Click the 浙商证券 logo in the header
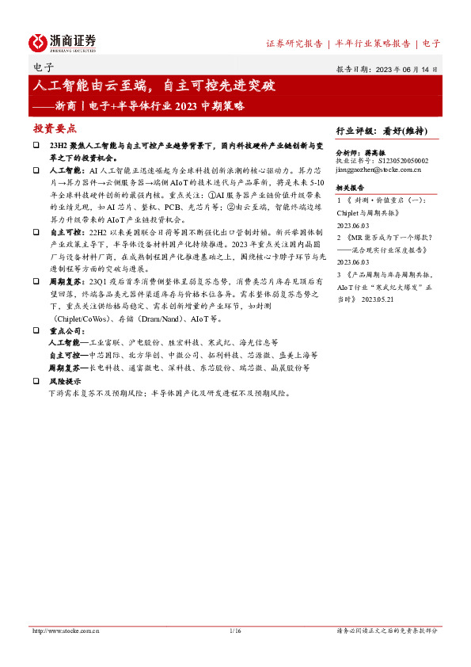click(63, 42)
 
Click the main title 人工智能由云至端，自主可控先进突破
click(162, 85)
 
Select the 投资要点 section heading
click(55, 128)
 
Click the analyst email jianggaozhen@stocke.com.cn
click(378, 169)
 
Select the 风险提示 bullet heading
click(65, 380)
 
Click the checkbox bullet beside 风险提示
click(36, 380)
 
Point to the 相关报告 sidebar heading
click(350, 188)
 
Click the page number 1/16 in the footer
click(234, 631)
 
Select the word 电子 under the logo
click(45, 68)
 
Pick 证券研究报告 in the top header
click(294, 44)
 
